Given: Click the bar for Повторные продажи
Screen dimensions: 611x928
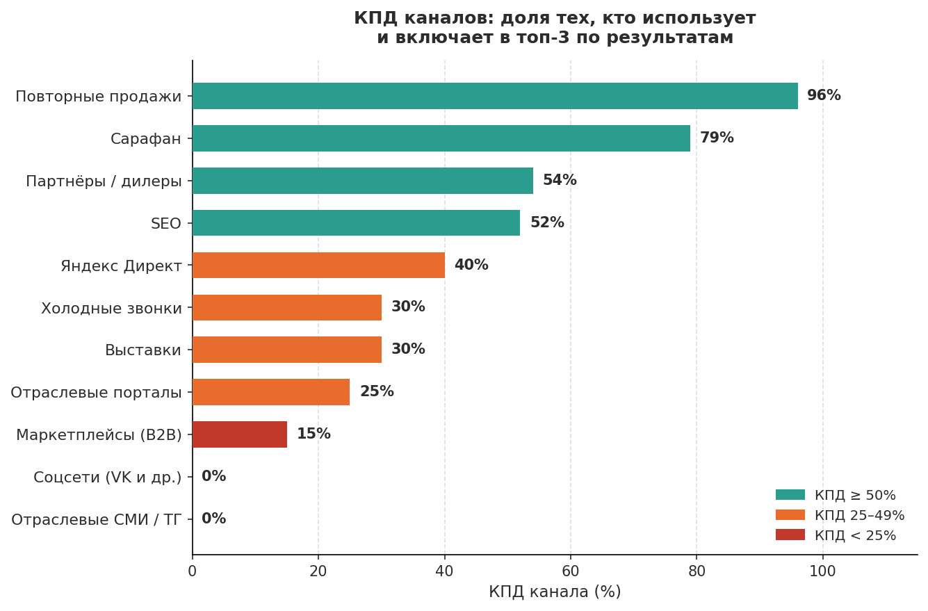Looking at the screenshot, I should point(495,96).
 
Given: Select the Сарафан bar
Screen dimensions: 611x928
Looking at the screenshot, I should point(441,138).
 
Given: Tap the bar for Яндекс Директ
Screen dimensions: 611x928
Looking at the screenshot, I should point(318,265).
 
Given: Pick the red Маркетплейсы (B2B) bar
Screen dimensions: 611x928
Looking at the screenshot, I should point(240,434).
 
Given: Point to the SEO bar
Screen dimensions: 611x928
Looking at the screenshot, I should point(356,222).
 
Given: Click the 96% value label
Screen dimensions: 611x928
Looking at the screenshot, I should point(824,96).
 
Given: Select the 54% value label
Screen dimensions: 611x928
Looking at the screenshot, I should point(560,181).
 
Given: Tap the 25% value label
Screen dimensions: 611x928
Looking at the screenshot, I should point(377,392).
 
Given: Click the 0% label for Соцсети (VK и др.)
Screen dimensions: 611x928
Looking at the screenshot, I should point(213,477).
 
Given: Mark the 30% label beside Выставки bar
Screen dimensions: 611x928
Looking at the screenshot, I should point(408,350).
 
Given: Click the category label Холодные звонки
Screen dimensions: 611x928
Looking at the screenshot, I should point(111,308).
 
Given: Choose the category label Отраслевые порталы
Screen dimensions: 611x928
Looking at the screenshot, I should point(96,393).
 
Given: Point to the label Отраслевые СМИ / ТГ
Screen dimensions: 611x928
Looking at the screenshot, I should point(96,520).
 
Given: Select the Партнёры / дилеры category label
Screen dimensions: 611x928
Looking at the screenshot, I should point(104,181).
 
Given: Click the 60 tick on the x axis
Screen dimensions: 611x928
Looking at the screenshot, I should point(570,571).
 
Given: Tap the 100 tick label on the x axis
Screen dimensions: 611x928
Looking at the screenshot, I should point(822,571).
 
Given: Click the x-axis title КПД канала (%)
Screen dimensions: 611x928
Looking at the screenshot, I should point(555,592).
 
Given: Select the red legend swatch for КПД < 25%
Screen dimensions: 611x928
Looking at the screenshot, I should point(790,535).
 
